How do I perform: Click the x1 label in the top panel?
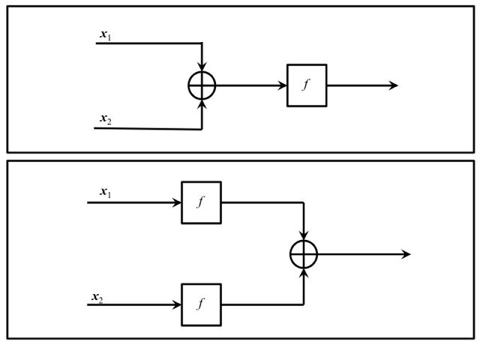[x=105, y=34]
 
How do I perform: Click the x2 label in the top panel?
[x=105, y=118]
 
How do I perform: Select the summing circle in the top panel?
[x=202, y=85]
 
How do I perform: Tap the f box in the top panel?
[x=307, y=85]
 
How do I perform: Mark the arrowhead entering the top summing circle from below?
[x=202, y=103]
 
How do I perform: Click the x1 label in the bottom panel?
[x=105, y=192]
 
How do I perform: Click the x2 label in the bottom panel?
[x=97, y=298]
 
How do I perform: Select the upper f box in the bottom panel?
[x=201, y=202]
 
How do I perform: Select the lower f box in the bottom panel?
[x=201, y=304]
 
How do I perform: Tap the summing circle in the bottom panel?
[x=304, y=254]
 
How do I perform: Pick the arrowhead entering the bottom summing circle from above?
[x=304, y=236]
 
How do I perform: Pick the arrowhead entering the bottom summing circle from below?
[x=304, y=272]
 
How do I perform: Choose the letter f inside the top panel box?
[x=306, y=85]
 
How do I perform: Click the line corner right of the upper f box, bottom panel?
[x=304, y=202]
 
